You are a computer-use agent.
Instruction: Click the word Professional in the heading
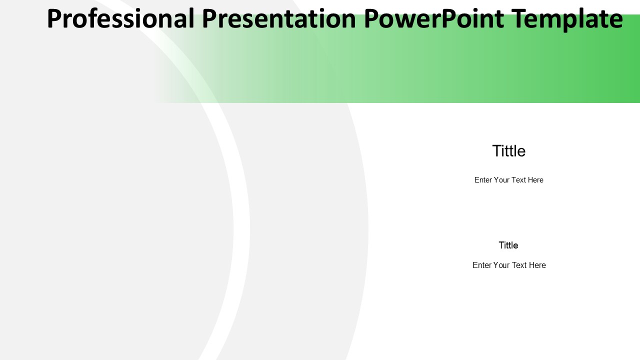(x=120, y=18)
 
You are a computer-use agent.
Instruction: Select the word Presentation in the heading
(x=279, y=18)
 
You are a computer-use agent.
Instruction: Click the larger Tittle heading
(x=509, y=151)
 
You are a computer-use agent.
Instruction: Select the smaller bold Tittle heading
(x=508, y=245)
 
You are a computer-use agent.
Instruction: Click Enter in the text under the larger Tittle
(x=483, y=180)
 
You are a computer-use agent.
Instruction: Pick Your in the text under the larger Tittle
(x=501, y=180)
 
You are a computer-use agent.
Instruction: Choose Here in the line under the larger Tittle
(x=535, y=180)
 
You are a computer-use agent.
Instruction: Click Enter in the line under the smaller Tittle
(x=481, y=265)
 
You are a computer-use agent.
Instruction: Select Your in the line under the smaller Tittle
(x=501, y=265)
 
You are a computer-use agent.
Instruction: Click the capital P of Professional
(x=53, y=18)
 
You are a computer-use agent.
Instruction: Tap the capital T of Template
(x=518, y=18)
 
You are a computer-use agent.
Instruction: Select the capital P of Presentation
(x=209, y=18)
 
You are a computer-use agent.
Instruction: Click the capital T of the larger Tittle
(x=496, y=151)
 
